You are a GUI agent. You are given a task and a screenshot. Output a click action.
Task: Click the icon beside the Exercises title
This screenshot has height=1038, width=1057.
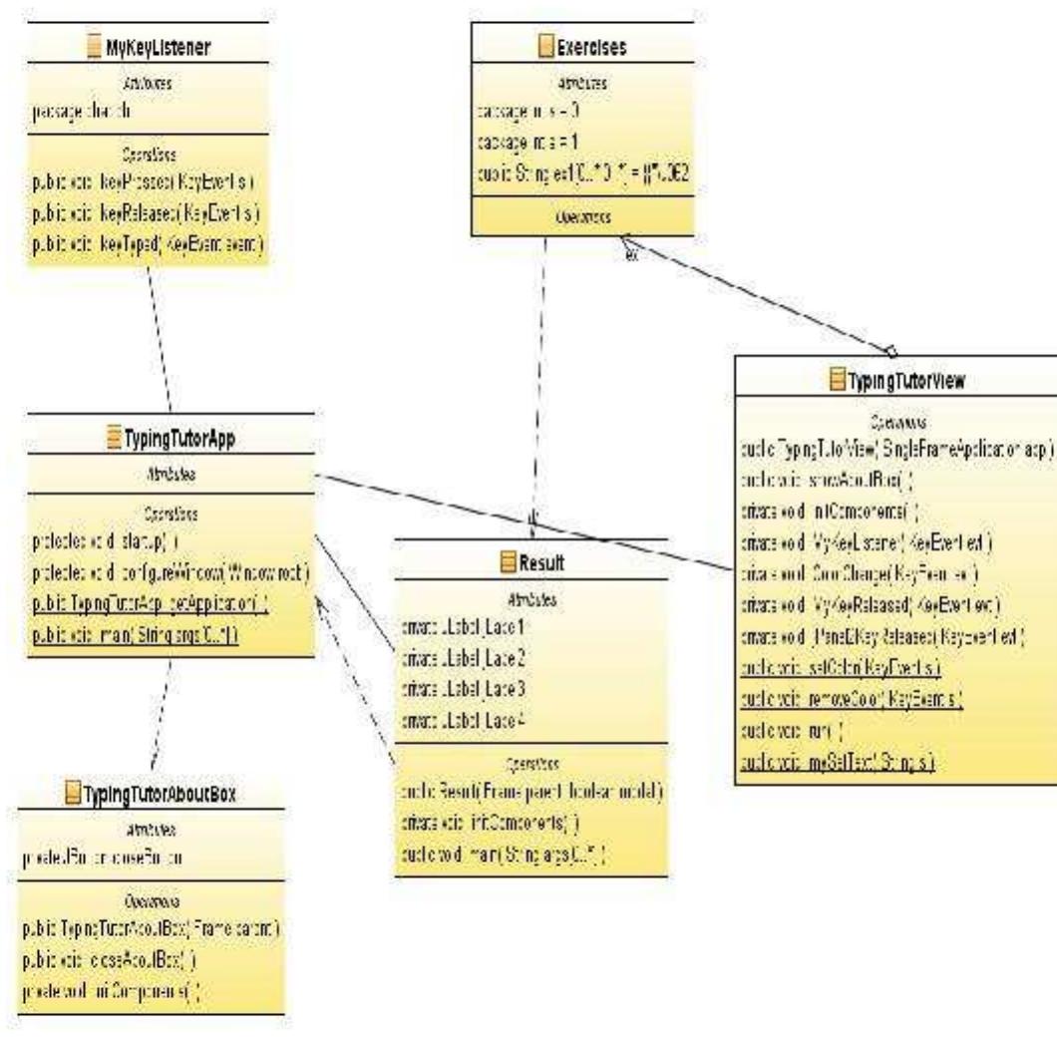coord(545,44)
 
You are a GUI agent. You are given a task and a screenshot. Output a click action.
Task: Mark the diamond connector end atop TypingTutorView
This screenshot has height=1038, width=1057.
coord(890,349)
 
